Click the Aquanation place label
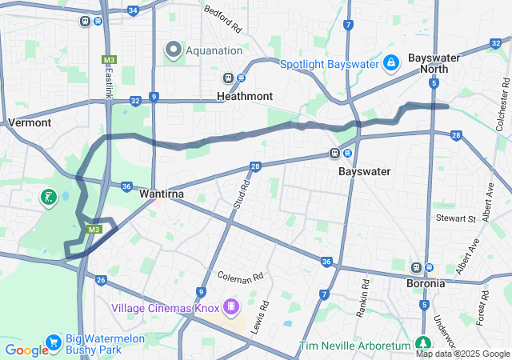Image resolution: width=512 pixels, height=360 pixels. coord(214,50)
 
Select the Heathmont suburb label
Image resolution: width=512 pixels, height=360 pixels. coord(245,96)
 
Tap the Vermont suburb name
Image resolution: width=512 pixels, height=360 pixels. coord(30,122)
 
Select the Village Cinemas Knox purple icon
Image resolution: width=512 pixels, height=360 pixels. coord(231,306)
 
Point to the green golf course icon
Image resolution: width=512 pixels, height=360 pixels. coord(50,197)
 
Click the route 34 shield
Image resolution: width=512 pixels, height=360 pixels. coord(133,10)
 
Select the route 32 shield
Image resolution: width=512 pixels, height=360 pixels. coord(136,100)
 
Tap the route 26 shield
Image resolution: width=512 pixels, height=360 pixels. coord(100,280)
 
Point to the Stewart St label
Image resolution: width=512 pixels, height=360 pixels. coord(455,218)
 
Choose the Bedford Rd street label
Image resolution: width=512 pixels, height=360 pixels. coord(222,20)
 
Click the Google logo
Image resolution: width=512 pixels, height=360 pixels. coord(26,350)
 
